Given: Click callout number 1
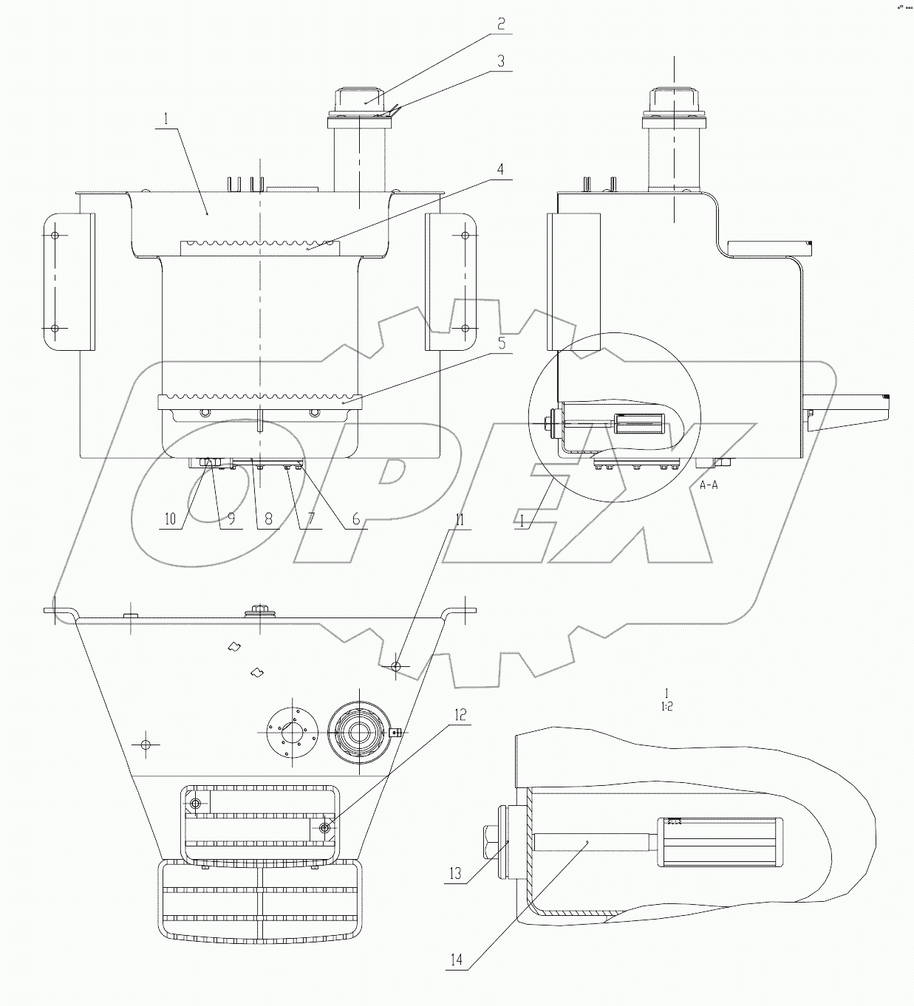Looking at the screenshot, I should coord(166,118).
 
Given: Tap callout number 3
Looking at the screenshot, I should coord(501,62).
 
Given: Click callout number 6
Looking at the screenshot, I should coord(355,519).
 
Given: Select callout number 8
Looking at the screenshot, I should coord(267,519).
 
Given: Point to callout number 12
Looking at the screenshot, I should coord(460,715).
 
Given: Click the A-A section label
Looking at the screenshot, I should coord(709,485).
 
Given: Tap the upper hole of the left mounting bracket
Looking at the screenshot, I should coord(55,236).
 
